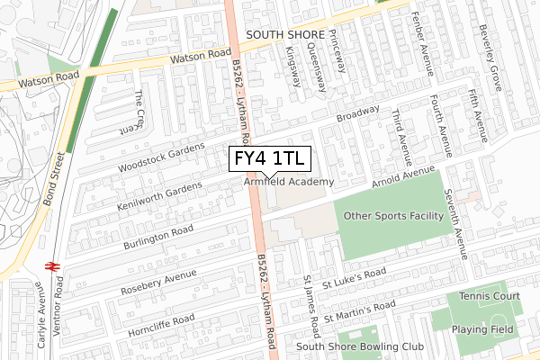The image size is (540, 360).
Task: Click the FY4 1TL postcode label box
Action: [270, 159]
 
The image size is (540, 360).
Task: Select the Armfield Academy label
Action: [289, 182]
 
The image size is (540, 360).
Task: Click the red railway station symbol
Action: [52, 266]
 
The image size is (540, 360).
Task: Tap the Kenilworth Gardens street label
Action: [159, 195]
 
